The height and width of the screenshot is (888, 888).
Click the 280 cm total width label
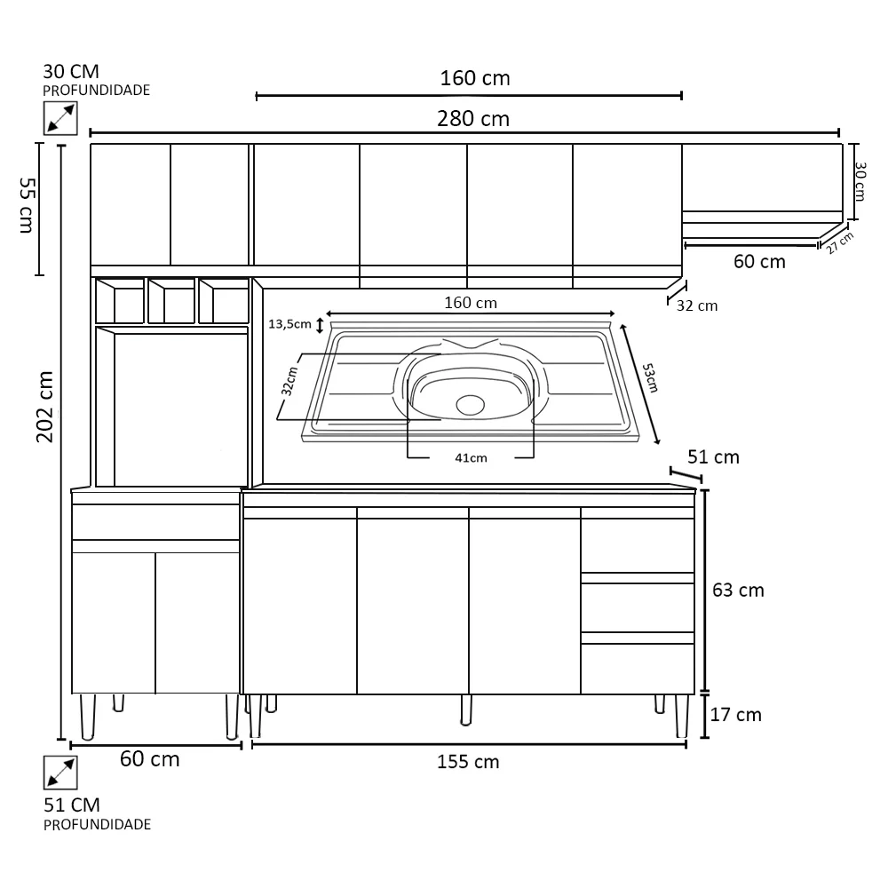pyautogui.click(x=474, y=119)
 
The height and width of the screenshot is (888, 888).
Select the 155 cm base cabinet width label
pyautogui.click(x=468, y=762)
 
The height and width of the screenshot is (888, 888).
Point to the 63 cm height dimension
pyautogui.click(x=739, y=590)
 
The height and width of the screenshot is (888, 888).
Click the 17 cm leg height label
pyautogui.click(x=737, y=714)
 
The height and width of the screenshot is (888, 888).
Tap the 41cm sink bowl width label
pyautogui.click(x=471, y=457)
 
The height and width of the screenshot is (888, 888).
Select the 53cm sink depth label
pyautogui.click(x=650, y=377)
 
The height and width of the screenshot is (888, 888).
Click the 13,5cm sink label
pyautogui.click(x=289, y=325)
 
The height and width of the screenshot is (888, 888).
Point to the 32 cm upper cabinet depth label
pyautogui.click(x=696, y=306)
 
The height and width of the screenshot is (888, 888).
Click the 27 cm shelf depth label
pyautogui.click(x=839, y=242)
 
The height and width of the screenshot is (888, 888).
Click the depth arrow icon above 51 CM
pyautogui.click(x=60, y=773)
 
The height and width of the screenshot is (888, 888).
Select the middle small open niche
pyautogui.click(x=171, y=302)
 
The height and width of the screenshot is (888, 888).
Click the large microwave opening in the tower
pyautogui.click(x=180, y=408)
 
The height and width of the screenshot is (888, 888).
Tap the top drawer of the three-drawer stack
pyautogui.click(x=637, y=545)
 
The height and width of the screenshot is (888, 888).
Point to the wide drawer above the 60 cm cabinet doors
pyautogui.click(x=155, y=521)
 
